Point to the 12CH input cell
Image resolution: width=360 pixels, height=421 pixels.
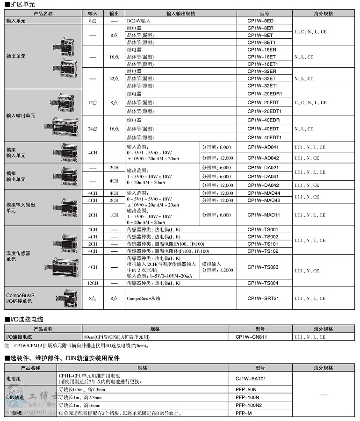93,283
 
